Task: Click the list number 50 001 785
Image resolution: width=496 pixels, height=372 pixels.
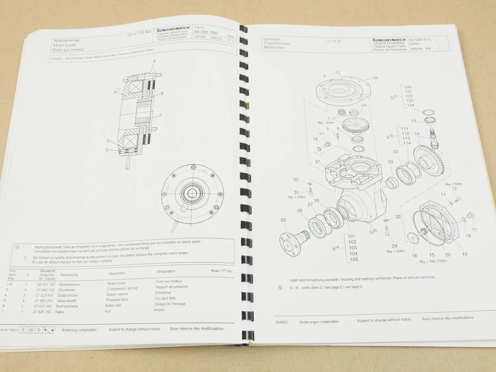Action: [x=206, y=32]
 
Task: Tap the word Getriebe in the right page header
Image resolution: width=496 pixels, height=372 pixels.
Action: [x=272, y=39]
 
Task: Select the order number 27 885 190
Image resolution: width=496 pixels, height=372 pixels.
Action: [x=45, y=290]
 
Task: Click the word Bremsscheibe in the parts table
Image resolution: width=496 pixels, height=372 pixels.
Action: [x=67, y=306]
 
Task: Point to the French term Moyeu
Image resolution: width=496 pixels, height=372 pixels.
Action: [x=159, y=310]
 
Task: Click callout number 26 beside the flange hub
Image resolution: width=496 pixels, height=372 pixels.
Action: [x=283, y=220]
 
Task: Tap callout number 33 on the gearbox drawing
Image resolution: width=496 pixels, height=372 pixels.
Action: [x=375, y=78]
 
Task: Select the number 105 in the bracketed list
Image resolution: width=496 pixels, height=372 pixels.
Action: [x=354, y=260]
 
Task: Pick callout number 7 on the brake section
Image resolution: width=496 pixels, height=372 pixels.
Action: [x=160, y=116]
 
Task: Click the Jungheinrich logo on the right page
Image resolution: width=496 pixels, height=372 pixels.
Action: [x=389, y=40]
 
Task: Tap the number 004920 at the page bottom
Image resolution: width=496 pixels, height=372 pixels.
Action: [x=281, y=322]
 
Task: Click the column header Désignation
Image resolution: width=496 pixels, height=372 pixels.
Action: [x=166, y=271]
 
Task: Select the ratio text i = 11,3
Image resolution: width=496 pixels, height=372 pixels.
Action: [x=333, y=41]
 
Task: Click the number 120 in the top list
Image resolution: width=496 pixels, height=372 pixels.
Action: [x=408, y=87]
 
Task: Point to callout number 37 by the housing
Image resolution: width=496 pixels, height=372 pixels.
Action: [x=317, y=162]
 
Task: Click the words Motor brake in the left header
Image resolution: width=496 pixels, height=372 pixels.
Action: [x=64, y=45]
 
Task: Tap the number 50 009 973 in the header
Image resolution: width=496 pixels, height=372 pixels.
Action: [x=420, y=39]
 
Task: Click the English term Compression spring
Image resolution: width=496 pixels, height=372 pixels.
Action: [x=121, y=289]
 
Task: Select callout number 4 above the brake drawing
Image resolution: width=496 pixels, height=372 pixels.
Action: [x=154, y=61]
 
